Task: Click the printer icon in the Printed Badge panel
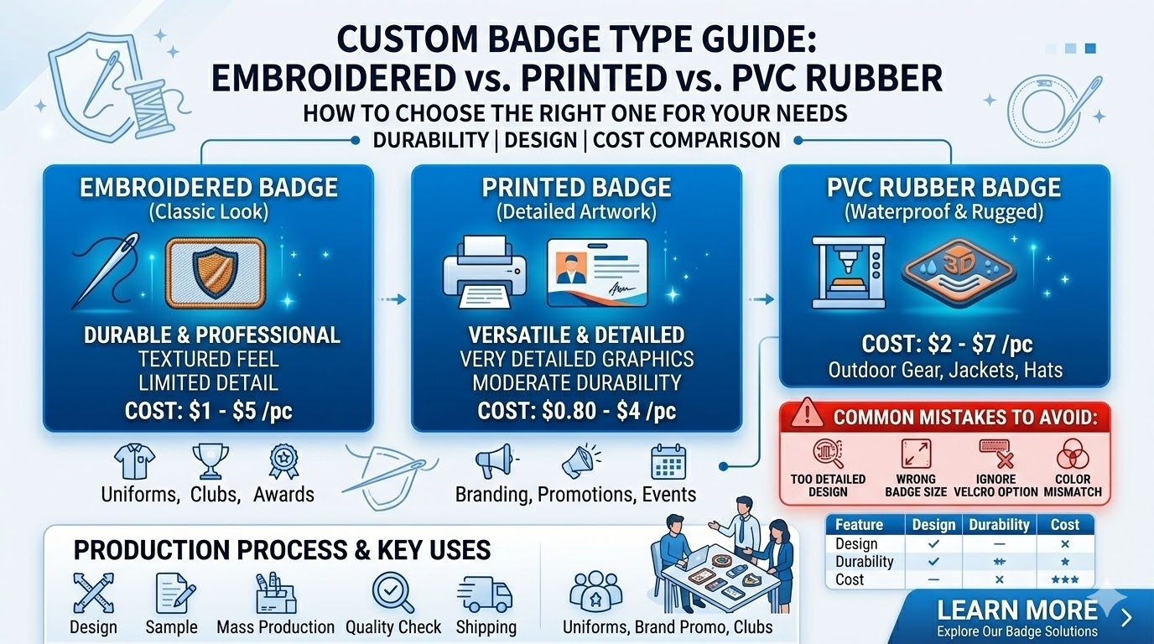coord(482,270)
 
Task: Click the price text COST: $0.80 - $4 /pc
coord(577,411)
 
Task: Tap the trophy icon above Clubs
coord(205,460)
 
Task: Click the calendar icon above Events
coord(668,462)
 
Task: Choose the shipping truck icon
coord(486,594)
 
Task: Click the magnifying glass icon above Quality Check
coord(392,594)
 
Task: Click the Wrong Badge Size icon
coord(916,454)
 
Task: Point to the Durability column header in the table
coord(999,525)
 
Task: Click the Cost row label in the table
coord(850,579)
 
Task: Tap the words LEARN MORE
coord(1016,610)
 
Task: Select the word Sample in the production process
coord(171,627)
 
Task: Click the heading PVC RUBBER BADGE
coord(944,187)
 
